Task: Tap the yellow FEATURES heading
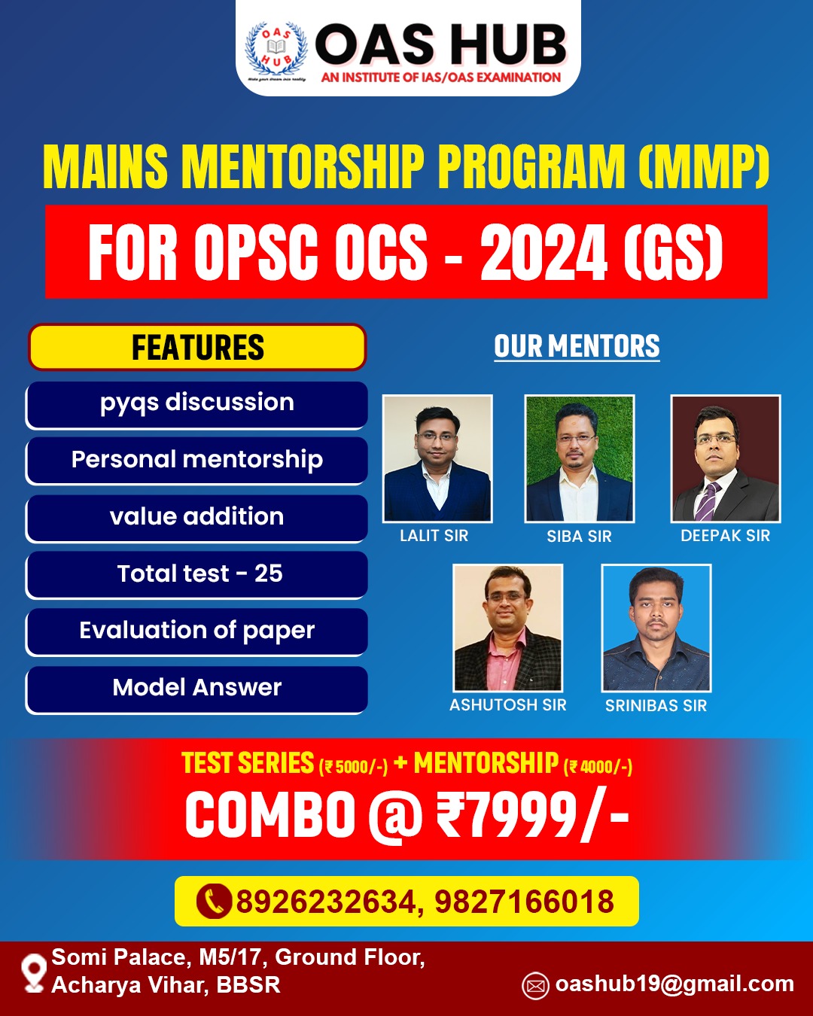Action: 197,347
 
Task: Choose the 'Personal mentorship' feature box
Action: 197,460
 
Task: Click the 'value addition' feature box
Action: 197,517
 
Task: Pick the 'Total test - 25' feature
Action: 197,574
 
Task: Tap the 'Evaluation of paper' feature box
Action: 197,631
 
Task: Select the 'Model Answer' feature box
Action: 197,688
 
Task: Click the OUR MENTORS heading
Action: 577,347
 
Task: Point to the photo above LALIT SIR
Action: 437,458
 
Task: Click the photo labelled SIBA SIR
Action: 579,458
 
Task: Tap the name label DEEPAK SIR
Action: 725,536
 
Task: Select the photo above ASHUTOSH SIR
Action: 508,628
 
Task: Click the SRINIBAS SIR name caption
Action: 656,706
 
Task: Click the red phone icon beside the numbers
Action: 213,902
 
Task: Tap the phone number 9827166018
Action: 524,902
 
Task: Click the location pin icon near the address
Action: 34,972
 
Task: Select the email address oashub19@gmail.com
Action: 674,984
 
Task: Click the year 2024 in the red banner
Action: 544,253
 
